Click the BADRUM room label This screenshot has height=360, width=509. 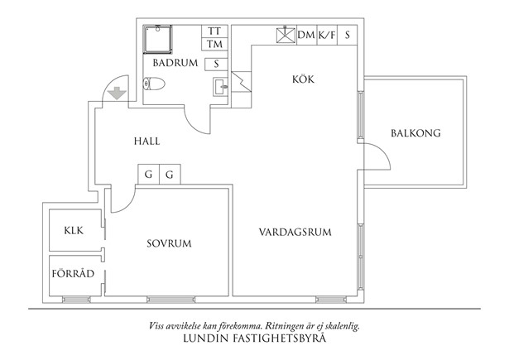[175, 63]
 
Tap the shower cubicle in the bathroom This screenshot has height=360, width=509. [158, 39]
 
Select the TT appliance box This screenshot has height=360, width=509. [214, 31]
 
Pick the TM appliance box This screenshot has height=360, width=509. [214, 44]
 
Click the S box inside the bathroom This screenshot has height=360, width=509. [215, 63]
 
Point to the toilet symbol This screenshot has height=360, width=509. [155, 84]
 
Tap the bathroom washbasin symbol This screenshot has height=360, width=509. [220, 86]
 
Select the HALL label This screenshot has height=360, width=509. [146, 142]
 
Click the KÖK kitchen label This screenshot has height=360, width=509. [304, 79]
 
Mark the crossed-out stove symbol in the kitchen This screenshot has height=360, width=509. [285, 35]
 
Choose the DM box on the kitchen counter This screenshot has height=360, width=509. [306, 35]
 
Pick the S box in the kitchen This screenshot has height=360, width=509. [348, 35]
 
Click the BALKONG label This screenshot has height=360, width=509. [415, 133]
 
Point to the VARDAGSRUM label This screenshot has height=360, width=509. [295, 233]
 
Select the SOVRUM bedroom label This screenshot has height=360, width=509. [169, 243]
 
